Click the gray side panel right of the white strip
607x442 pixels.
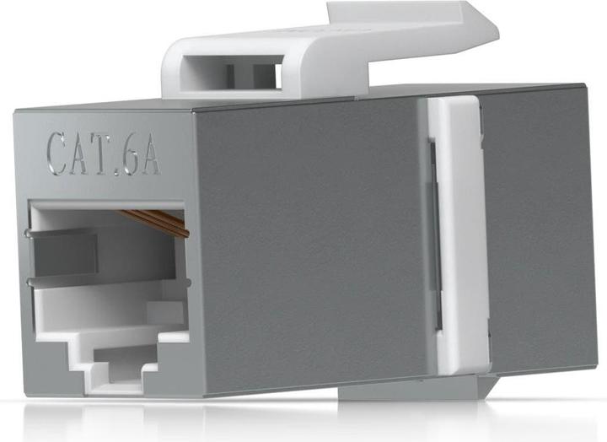tap(540, 236)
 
